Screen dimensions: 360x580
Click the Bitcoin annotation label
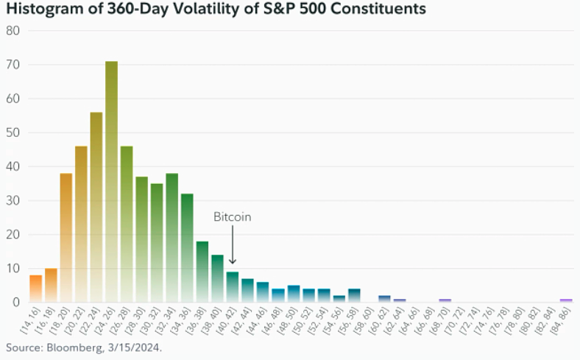(x=233, y=217)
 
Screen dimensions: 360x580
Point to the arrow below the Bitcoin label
(x=233, y=245)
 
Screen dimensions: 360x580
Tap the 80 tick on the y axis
(x=13, y=31)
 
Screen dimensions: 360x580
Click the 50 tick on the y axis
(x=13, y=133)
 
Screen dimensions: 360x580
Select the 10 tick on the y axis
(x=13, y=269)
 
